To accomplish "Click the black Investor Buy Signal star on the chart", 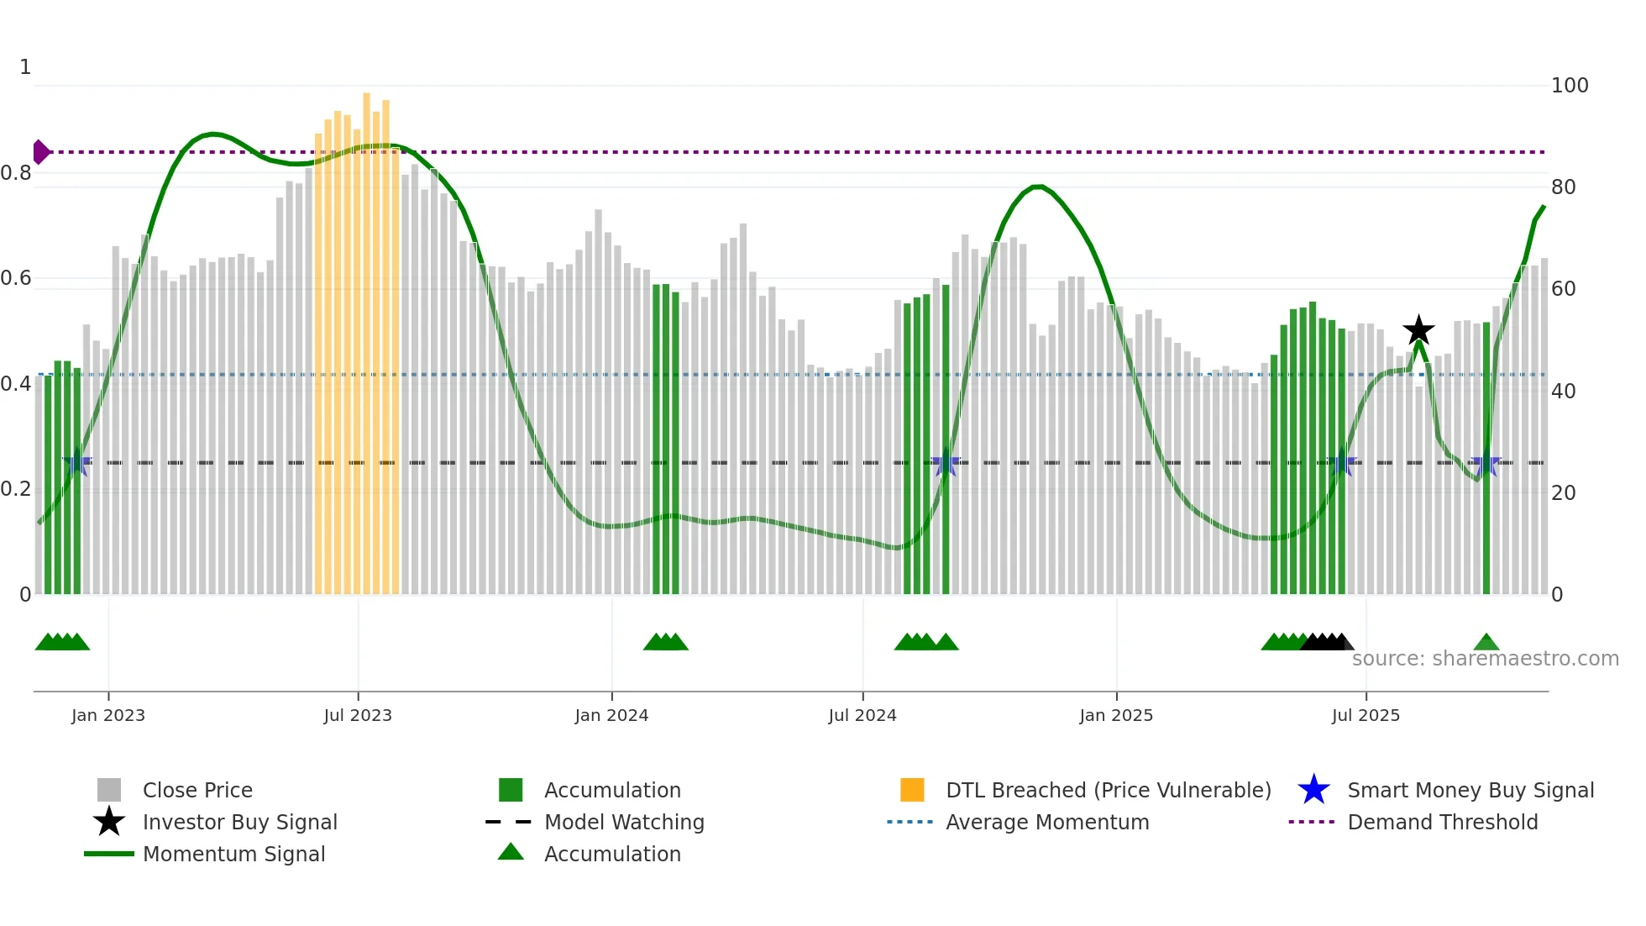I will [1418, 330].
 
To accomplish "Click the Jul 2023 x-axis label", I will [358, 715].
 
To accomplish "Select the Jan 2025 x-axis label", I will [1116, 715].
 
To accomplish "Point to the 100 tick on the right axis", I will [1569, 86].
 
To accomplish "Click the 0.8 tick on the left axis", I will [16, 173].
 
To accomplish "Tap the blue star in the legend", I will [1313, 790].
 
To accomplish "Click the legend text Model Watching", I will [624, 822].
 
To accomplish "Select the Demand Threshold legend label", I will [1442, 822].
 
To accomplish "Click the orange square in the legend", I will [912, 790].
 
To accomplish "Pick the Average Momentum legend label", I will [1047, 822].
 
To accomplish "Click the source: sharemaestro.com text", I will [1485, 659].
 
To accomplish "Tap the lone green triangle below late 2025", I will [1486, 643].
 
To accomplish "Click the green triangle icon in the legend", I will [511, 852].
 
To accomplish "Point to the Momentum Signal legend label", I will [233, 854].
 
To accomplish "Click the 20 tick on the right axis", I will [1563, 493].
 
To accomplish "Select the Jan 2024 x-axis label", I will [611, 715].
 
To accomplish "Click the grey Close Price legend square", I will [109, 790].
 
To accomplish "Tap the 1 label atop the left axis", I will [25, 67].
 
